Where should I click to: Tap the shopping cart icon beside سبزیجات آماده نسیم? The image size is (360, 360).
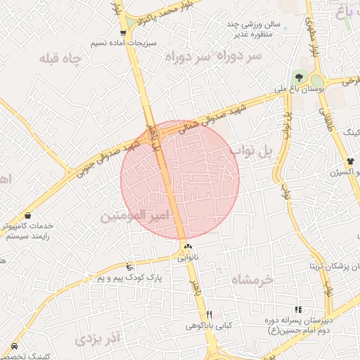click(124, 33)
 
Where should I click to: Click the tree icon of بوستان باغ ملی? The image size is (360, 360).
click(300, 78)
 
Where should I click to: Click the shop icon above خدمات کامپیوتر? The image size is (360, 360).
click(27, 215)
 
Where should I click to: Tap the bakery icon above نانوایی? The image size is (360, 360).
click(187, 247)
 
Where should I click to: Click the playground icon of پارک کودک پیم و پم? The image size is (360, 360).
click(129, 267)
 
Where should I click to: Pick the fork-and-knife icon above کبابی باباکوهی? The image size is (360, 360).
click(209, 314)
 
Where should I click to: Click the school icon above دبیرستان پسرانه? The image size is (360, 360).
click(298, 309)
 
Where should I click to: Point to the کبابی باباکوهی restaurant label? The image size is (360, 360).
click(209, 326)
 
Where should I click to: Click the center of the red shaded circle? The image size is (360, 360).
click(180, 179)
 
